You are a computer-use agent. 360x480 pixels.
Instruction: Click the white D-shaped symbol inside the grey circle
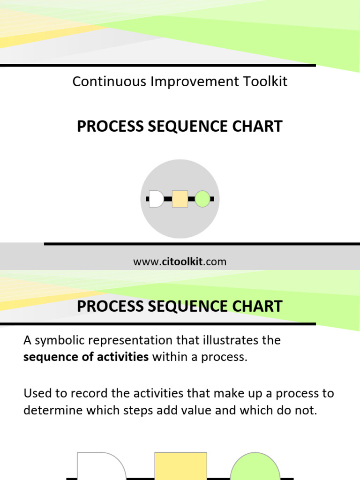pos(156,199)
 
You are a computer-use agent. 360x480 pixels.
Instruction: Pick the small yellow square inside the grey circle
pos(180,199)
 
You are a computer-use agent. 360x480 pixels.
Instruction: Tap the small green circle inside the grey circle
pos(202,199)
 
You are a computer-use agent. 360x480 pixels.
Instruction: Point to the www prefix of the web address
pos(143,262)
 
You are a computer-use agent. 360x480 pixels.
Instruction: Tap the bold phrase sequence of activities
pos(86,357)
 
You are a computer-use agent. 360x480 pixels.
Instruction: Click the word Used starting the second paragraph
pos(36,393)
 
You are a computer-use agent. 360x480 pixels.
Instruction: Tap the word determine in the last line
pos(52,411)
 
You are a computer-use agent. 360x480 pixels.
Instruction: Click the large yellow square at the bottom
pos(180,466)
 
